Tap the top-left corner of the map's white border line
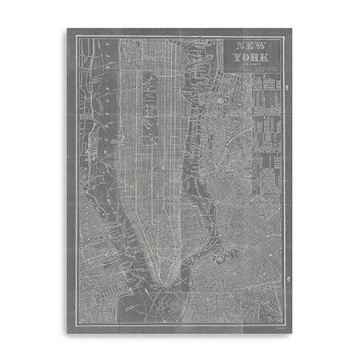71,36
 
